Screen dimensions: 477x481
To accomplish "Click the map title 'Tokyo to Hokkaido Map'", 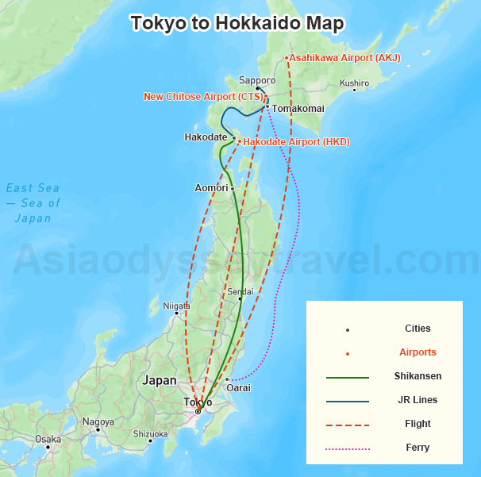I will click(237, 24).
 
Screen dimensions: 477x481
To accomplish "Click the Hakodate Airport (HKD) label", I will click(296, 142).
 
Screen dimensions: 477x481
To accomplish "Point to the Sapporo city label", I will click(257, 80).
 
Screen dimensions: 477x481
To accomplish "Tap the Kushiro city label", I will click(354, 83).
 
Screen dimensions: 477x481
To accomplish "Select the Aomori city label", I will click(211, 188).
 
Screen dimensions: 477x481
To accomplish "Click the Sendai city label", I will click(240, 292).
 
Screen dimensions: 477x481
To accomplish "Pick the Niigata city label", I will click(176, 306).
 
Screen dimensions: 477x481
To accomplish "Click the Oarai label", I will click(237, 387).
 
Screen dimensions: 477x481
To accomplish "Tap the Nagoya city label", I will click(98, 421).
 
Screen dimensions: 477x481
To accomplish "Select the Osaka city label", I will click(48, 439).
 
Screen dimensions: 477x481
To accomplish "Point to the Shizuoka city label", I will click(150, 434).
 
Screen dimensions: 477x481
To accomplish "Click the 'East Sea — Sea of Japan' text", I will click(33, 202).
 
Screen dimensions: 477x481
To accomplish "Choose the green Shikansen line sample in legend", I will click(348, 377).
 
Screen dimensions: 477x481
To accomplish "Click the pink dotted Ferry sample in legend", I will click(348, 448).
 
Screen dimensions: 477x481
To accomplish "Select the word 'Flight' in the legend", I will click(418, 424).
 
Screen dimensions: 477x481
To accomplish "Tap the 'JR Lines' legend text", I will click(418, 400).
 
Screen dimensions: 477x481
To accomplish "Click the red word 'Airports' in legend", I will click(418, 352).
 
